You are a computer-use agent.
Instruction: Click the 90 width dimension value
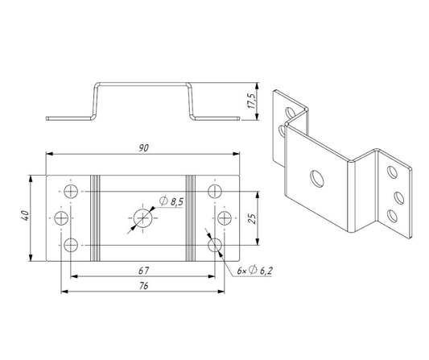(143, 148)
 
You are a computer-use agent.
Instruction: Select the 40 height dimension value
(25, 216)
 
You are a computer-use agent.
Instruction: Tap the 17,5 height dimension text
(252, 101)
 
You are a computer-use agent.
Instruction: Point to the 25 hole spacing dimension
(253, 218)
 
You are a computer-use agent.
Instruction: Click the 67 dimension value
(143, 271)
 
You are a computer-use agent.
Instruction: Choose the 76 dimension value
(143, 286)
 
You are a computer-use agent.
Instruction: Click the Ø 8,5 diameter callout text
(171, 201)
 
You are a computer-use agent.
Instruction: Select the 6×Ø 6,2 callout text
(254, 271)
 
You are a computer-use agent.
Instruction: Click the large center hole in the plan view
(142, 218)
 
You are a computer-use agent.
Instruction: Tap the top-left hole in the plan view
(71, 191)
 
